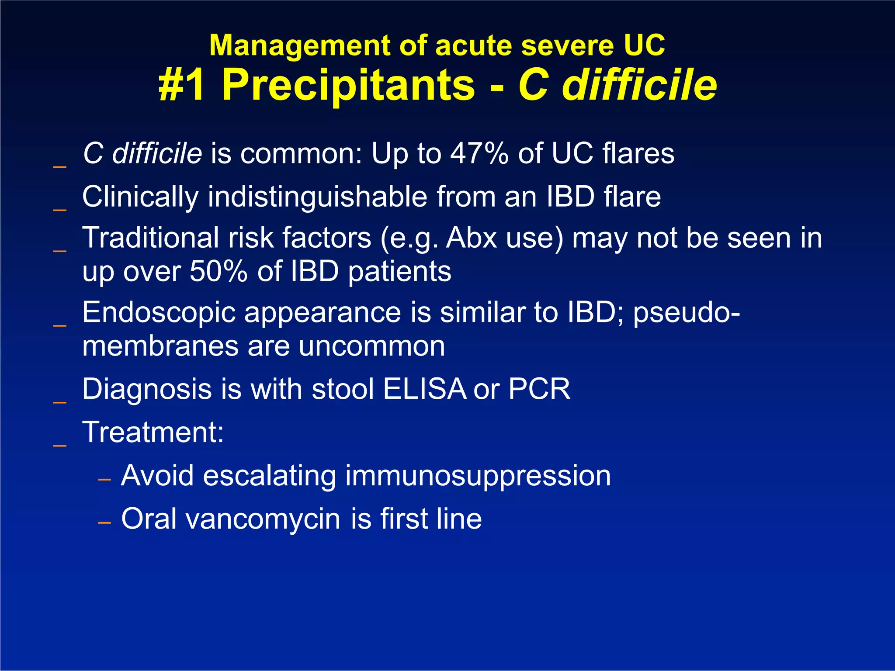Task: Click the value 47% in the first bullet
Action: tap(479, 154)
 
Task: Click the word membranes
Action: tap(160, 346)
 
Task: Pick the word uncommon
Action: tap(371, 346)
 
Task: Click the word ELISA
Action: tap(424, 389)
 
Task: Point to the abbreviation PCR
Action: tap(539, 389)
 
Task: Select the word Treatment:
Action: tap(153, 432)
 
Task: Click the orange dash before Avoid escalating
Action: tap(104, 480)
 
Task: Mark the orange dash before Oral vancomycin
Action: tap(104, 523)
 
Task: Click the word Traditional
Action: tap(150, 239)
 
